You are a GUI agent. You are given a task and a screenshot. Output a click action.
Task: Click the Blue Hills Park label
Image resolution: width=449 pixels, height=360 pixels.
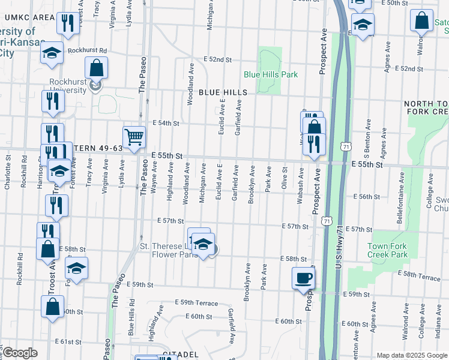pos(271,74)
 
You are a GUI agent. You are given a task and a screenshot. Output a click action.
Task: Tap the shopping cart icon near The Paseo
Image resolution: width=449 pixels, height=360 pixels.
pos(134,136)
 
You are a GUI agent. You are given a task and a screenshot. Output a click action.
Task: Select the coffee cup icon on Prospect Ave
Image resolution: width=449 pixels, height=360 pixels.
pos(303,278)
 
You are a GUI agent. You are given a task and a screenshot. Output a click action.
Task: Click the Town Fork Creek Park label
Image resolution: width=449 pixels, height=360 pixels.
pos(388,250)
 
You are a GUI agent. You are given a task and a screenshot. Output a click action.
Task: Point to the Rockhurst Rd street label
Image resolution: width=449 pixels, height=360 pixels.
pos(86,51)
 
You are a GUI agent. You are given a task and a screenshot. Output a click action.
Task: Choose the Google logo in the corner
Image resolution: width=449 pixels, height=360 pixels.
pos(20,353)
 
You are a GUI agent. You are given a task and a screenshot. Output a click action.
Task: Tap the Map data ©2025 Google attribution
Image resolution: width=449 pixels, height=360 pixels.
pos(411,355)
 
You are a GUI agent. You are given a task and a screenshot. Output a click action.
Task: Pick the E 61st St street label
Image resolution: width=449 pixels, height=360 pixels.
pos(67,341)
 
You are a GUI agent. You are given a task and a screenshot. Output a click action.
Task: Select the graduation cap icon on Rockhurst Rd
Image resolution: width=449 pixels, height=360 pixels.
pos(52,53)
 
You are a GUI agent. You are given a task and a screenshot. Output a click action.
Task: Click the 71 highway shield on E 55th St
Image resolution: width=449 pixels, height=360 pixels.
pos(345,146)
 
